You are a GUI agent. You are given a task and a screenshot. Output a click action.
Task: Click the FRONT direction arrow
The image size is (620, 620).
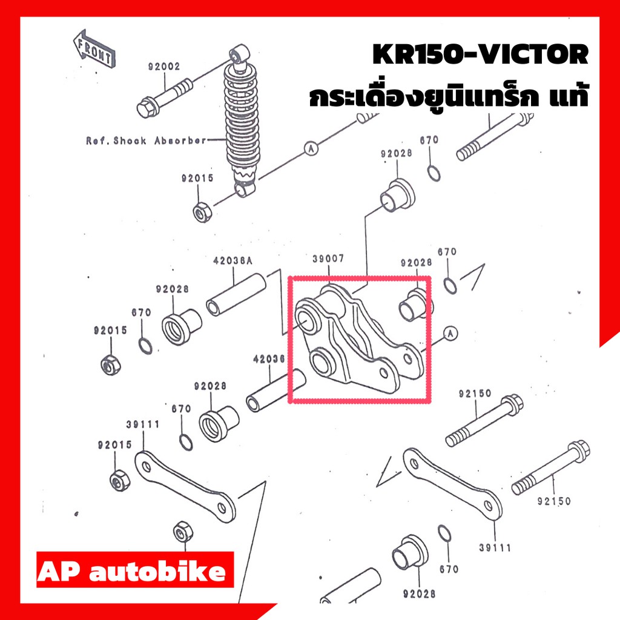[x=94, y=48]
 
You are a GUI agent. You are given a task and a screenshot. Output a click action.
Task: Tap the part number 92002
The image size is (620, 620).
[x=164, y=67]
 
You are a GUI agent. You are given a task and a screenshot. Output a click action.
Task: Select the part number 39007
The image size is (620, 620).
[x=328, y=259]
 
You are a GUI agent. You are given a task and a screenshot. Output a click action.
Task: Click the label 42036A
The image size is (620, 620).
[x=232, y=260]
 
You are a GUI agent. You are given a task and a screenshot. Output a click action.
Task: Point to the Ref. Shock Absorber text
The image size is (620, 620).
[x=147, y=140]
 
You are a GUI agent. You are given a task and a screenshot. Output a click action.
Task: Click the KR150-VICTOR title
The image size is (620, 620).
[x=480, y=54]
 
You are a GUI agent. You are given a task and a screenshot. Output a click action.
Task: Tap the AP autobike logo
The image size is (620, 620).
[x=135, y=570]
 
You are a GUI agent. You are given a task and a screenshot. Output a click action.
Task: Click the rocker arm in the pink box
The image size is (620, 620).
[x=358, y=340]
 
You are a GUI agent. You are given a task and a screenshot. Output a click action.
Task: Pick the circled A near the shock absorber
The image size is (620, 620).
[x=311, y=149]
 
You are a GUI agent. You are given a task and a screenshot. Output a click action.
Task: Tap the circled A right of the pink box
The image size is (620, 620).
[x=450, y=334]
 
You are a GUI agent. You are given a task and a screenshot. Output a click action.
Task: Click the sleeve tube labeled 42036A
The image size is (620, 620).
[x=236, y=295]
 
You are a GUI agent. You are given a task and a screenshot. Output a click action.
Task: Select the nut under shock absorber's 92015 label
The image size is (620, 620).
[x=202, y=213]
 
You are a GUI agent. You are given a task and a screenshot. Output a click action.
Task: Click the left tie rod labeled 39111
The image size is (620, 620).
[x=185, y=487]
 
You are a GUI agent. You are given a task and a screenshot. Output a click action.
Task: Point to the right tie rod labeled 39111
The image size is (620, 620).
[x=452, y=484]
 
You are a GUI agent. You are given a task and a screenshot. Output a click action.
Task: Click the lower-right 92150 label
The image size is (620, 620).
[x=553, y=501]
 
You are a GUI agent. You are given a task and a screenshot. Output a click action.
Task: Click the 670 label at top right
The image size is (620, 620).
[x=429, y=140]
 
